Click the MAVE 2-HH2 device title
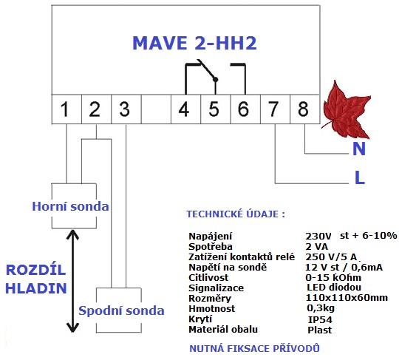coord(194,43)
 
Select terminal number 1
coord(64,109)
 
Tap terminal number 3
coord(124,109)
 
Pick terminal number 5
coord(214,109)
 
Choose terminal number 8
coord(303,109)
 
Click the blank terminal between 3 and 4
coord(156,109)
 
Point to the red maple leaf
coord(346,109)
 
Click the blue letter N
coord(359,149)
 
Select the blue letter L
coord(360,177)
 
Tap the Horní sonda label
coord(70,206)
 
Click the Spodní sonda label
coord(121,310)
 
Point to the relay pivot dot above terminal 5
coord(216,80)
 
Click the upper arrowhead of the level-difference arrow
coord(72,234)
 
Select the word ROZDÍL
coord(35,269)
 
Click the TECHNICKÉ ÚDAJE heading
coord(236,214)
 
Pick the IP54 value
coord(320,319)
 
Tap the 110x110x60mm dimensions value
coord(347,298)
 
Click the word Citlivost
coord(208,277)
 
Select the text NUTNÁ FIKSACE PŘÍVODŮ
coord(254,348)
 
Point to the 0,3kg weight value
coord(321,308)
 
